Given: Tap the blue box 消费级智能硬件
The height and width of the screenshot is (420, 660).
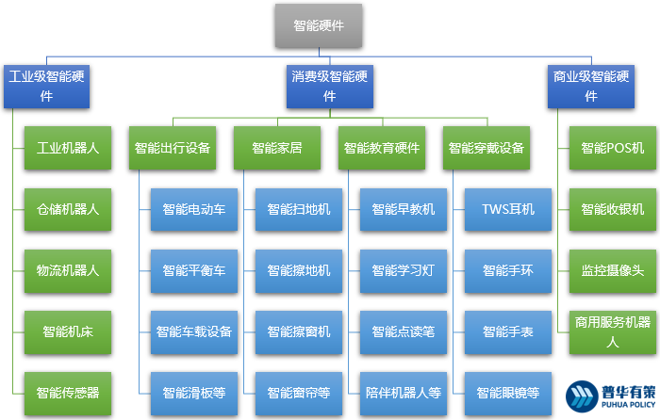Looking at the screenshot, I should [329, 86].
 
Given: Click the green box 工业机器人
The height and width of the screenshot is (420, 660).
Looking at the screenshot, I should [68, 148].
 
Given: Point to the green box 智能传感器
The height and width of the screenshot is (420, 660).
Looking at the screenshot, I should [68, 392].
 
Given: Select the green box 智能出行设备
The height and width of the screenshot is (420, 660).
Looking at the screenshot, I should [172, 148].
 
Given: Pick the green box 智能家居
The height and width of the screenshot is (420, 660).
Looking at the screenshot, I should [277, 148].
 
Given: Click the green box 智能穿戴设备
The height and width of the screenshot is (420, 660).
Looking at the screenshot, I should [487, 148].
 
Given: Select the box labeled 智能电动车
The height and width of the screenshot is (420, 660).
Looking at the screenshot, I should [193, 209].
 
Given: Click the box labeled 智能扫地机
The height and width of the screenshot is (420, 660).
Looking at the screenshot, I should [298, 209].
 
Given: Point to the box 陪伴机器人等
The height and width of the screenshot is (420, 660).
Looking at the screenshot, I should [403, 392].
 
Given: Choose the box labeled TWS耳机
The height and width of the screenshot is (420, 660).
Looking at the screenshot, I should [507, 209].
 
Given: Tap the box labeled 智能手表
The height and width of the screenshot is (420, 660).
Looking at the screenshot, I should [507, 331].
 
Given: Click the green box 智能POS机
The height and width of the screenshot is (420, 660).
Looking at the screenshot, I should [612, 148].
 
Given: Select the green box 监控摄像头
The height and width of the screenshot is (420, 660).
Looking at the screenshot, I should [612, 270].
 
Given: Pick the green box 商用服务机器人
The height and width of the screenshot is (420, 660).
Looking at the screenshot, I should [612, 331].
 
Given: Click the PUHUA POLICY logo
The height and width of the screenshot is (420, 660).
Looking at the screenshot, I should [607, 396].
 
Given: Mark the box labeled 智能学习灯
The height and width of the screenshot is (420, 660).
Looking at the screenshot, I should [403, 270].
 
